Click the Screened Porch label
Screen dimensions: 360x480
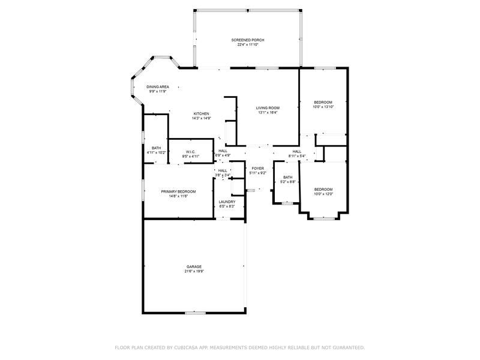pos(248,40)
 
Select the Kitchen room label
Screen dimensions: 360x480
pos(201,114)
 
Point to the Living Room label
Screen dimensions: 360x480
pos(268,108)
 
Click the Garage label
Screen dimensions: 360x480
pos(194,266)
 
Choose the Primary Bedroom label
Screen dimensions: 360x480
pos(178,191)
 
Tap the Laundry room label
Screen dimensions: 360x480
pos(227,202)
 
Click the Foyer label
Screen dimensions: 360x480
pos(257,169)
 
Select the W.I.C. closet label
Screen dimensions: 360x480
pos(191,152)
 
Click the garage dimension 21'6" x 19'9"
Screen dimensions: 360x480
pos(194,271)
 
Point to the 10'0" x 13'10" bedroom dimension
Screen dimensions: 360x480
pos(323,107)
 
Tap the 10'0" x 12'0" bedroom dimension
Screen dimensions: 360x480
pos(323,194)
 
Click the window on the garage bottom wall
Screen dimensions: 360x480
pos(195,313)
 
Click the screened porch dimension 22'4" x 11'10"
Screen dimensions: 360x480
pos(248,44)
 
